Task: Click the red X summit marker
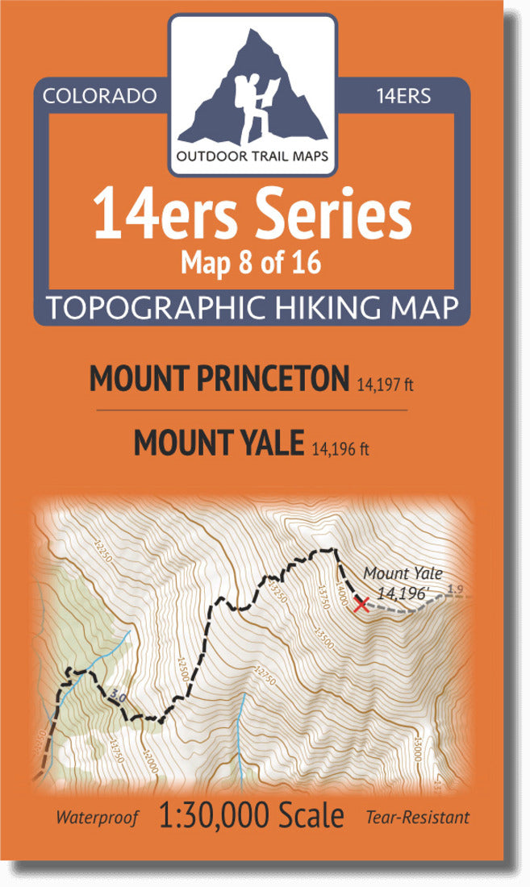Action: (x=361, y=605)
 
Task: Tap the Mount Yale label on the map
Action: (x=403, y=574)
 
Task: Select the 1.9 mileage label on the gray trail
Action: (x=455, y=590)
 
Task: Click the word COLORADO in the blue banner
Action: (x=99, y=96)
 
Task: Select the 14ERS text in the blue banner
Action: (x=403, y=96)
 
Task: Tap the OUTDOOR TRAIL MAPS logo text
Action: (x=252, y=156)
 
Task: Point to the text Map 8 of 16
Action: (x=252, y=263)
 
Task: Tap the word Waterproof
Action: (x=97, y=818)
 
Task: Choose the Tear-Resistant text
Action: (x=417, y=818)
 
